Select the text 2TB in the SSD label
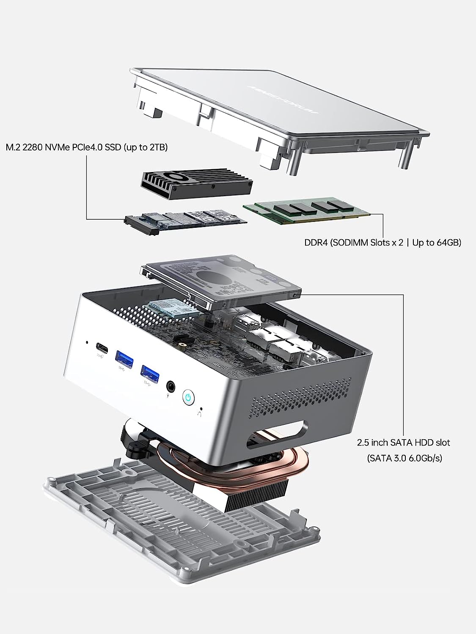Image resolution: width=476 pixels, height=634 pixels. pos(155,148)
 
